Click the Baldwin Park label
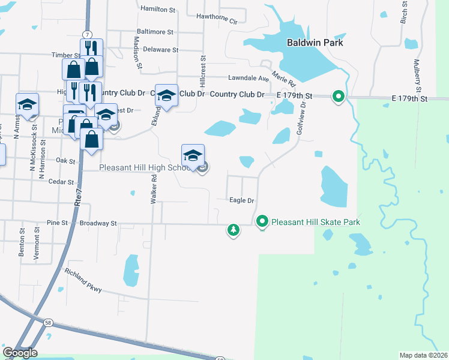pyautogui.click(x=315, y=43)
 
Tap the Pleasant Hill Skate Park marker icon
pyautogui.click(x=262, y=221)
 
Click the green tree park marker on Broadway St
pyautogui.click(x=234, y=230)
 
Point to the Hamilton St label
pyautogui.click(x=157, y=10)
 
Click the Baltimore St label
pyautogui.click(x=155, y=32)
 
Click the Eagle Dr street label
pyautogui.click(x=243, y=200)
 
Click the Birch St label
pyautogui.click(x=404, y=13)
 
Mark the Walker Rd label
pyautogui.click(x=154, y=187)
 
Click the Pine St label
pyautogui.click(x=56, y=223)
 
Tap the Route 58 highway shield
pyautogui.click(x=47, y=323)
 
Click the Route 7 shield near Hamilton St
pyautogui.click(x=88, y=34)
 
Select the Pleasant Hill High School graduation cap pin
pyautogui.click(x=193, y=155)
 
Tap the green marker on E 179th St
pyautogui.click(x=339, y=95)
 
